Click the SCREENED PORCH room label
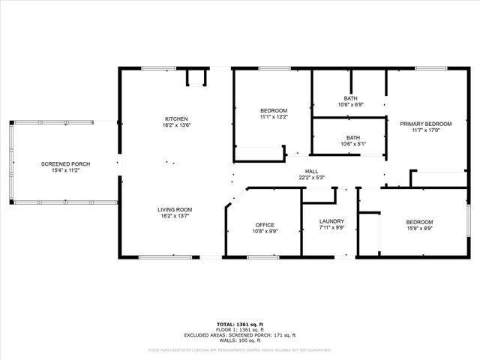point(65,164)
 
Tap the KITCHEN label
point(176,118)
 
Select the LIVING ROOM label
point(175,209)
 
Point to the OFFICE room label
point(265,225)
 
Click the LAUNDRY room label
point(331,221)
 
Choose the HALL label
point(311,171)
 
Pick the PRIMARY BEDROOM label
point(425,124)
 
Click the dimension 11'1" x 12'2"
point(274,117)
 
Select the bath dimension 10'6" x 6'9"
point(350,105)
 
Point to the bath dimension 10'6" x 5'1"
point(350,144)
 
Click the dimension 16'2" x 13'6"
point(176,125)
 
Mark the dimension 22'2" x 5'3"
point(311,178)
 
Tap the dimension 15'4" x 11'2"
point(65,171)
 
